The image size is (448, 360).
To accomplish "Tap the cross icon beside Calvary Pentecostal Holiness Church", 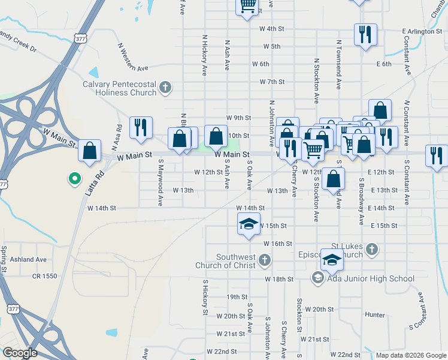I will (x=165, y=88).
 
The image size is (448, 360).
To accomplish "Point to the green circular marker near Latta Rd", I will (x=74, y=178).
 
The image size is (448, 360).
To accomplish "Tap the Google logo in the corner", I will (x=20, y=353).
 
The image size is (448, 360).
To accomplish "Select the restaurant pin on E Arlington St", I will (x=365, y=35).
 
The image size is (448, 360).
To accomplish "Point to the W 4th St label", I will (x=271, y=29).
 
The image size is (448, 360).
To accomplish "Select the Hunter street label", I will (x=374, y=314).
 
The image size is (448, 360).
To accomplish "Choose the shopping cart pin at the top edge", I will (x=248, y=6).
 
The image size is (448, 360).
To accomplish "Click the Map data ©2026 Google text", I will (x=411, y=355).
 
